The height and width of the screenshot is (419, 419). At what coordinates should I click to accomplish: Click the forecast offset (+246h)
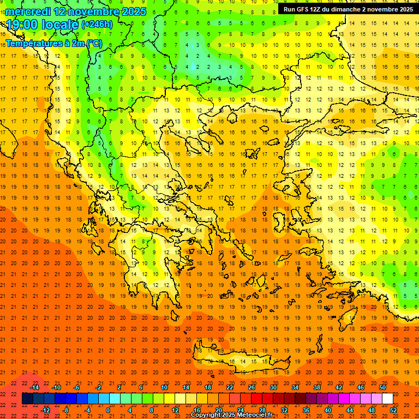(97, 25)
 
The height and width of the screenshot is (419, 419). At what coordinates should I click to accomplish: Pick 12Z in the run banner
(321, 9)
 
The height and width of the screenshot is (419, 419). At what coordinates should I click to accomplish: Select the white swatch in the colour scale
(387, 399)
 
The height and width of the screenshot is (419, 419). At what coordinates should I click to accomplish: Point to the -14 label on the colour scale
(34, 387)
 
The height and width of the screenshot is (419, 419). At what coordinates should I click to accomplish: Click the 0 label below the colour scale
(107, 410)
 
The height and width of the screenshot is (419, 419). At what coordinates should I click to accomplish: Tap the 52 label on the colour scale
(394, 410)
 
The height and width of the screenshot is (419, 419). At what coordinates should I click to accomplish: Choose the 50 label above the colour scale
(382, 387)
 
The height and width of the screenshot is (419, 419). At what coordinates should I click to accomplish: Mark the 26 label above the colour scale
(252, 387)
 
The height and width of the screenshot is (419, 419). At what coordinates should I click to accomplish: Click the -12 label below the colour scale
(45, 410)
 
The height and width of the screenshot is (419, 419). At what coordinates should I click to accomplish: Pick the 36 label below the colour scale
(306, 410)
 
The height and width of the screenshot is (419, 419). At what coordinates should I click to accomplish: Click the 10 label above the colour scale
(164, 387)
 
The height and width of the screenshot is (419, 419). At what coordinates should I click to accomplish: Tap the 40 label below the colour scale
(328, 410)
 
